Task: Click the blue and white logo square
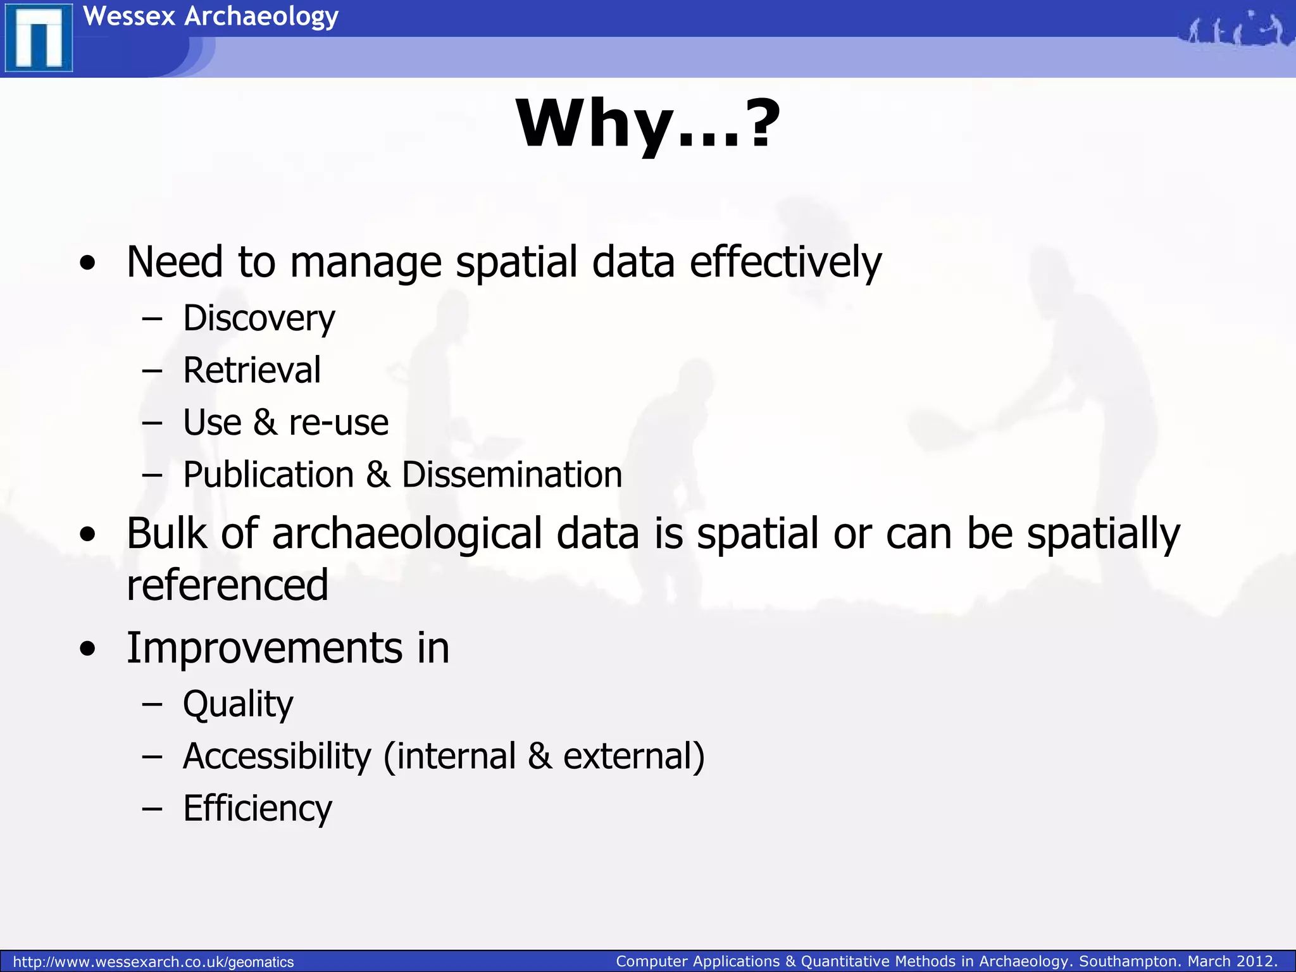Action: tap(39, 39)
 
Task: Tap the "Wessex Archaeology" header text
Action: tap(211, 16)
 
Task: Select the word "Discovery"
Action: tap(259, 318)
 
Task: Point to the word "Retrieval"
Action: tap(252, 370)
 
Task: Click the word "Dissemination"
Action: tap(512, 475)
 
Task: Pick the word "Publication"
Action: tap(268, 475)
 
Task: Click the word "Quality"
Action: tap(238, 704)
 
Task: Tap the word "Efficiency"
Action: tap(257, 808)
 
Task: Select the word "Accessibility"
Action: tap(277, 756)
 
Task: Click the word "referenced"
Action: tap(227, 585)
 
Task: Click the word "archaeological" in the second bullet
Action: tap(407, 533)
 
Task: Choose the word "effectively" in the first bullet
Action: tap(785, 262)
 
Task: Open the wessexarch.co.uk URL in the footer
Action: tap(153, 962)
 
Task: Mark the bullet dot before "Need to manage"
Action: tap(88, 263)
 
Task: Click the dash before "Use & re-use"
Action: tap(153, 422)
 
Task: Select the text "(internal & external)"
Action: tap(544, 756)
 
